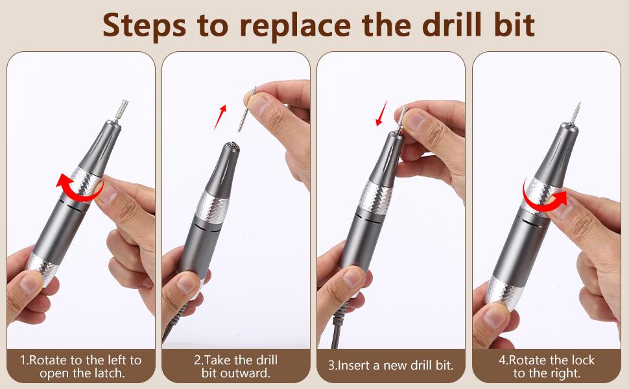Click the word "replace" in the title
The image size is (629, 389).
[x=295, y=26]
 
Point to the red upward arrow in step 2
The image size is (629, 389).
[x=220, y=117]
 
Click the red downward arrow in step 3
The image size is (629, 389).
[x=381, y=113]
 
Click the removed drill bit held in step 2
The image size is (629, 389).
[x=246, y=109]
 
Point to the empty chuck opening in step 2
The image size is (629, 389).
[x=232, y=146]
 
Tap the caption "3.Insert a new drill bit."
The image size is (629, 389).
[x=391, y=366]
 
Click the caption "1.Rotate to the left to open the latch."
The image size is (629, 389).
[x=81, y=366]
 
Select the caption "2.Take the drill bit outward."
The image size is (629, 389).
[x=236, y=366]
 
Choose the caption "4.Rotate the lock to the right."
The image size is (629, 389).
[x=547, y=366]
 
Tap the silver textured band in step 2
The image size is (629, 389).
[x=212, y=207]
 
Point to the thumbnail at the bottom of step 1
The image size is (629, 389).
[x=30, y=283]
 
